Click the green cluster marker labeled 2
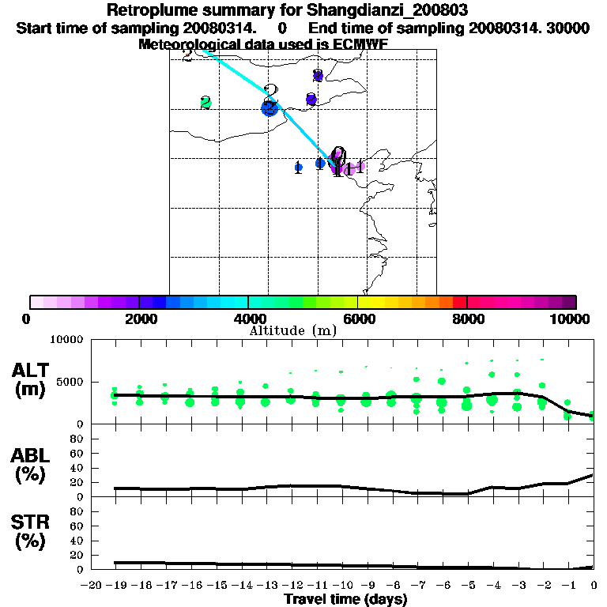coord(205,103)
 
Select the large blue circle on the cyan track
coord(270,107)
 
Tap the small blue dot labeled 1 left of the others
coord(298,167)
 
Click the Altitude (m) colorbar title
coord(293,330)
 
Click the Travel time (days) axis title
coord(345,600)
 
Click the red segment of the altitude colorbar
coord(459,302)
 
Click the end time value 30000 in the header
coord(567,28)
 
